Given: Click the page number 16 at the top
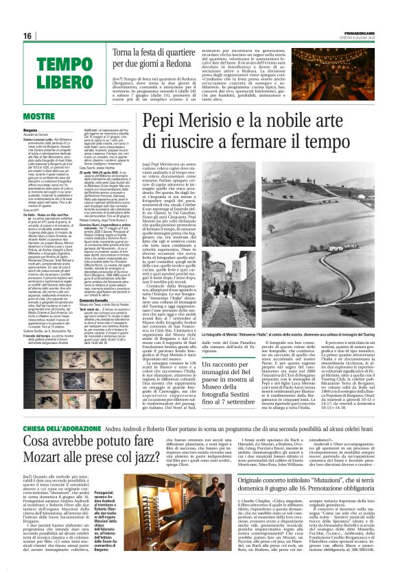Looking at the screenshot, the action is (x=28, y=36).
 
